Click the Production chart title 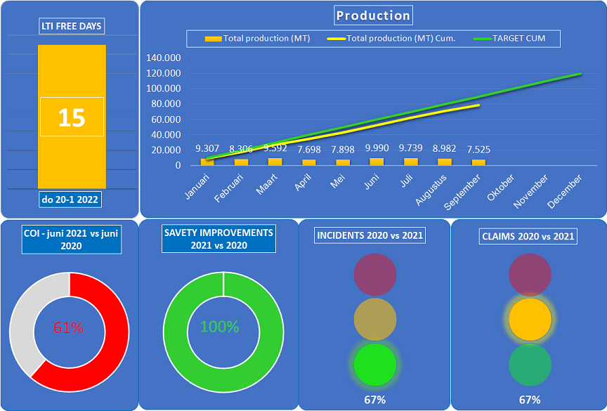pyautogui.click(x=373, y=15)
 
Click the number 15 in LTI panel pyautogui.click(x=72, y=117)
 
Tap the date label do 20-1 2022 pyautogui.click(x=71, y=200)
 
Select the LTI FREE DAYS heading pyautogui.click(x=71, y=27)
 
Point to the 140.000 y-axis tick pyautogui.click(x=164, y=58)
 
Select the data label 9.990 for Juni pyautogui.click(x=377, y=149)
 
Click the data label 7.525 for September pyautogui.click(x=478, y=150)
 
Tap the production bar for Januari pyautogui.click(x=207, y=162)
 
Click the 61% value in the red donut pyautogui.click(x=69, y=327)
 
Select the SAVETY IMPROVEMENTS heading pyautogui.click(x=218, y=238)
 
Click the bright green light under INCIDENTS pyautogui.click(x=375, y=365)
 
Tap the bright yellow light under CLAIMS pyautogui.click(x=530, y=320)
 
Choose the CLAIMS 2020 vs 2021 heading pyautogui.click(x=528, y=236)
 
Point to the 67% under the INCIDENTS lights pyautogui.click(x=374, y=400)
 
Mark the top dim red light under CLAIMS pyautogui.click(x=530, y=274)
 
